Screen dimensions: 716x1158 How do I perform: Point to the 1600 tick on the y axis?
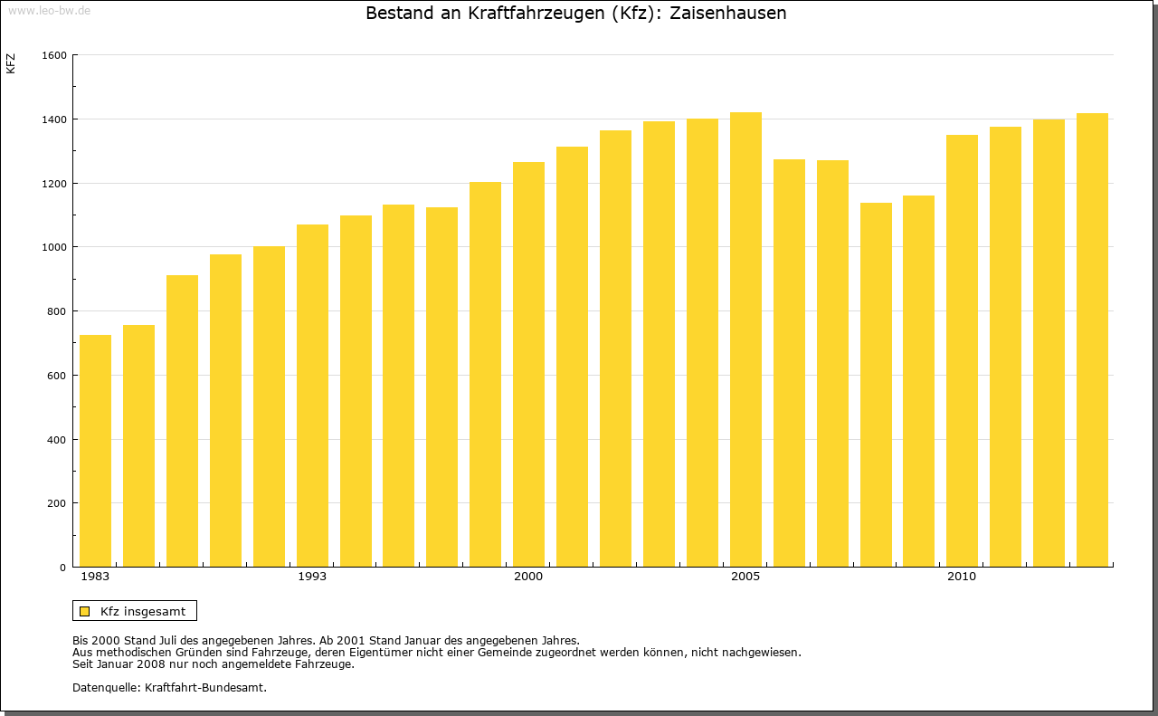tap(54, 55)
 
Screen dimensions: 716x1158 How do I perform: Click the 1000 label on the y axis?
tap(54, 247)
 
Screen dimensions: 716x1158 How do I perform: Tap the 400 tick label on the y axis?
tap(57, 440)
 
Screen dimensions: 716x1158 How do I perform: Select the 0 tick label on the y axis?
tap(63, 568)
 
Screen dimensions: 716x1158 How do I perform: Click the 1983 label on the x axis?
tap(95, 577)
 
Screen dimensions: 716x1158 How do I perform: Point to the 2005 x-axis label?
tap(745, 577)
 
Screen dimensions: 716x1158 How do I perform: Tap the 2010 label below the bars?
tap(962, 577)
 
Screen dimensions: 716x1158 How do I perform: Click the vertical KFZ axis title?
tap(11, 63)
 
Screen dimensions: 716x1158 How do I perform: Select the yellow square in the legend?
tap(84, 611)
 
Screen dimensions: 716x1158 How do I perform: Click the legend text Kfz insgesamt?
tap(143, 611)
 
